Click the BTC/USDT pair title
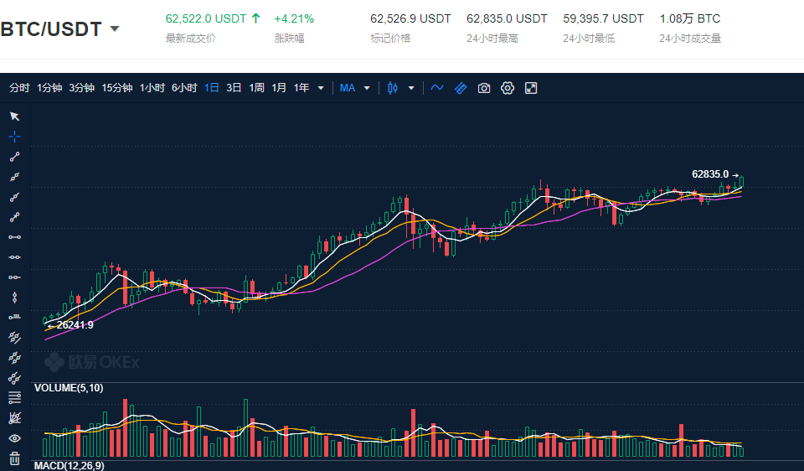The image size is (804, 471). (51, 29)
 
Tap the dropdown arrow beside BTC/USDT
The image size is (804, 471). (115, 29)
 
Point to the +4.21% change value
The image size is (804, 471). (294, 18)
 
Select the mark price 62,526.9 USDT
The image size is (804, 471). (410, 18)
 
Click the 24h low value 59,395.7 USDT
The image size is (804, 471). (603, 18)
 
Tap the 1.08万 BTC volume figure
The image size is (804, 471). (689, 18)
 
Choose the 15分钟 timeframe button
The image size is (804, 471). (117, 88)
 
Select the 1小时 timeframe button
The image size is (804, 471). (152, 88)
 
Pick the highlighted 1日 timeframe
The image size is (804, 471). (212, 88)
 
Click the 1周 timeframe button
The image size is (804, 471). (256, 88)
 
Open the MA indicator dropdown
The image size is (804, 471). (355, 88)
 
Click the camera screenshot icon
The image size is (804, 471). (484, 88)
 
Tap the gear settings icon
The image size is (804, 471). (508, 88)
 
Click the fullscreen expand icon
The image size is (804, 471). (531, 88)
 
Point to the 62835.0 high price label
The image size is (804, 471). (710, 174)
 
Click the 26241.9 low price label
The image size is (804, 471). (75, 325)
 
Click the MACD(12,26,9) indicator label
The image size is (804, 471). (69, 465)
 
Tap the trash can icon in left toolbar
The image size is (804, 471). (14, 458)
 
